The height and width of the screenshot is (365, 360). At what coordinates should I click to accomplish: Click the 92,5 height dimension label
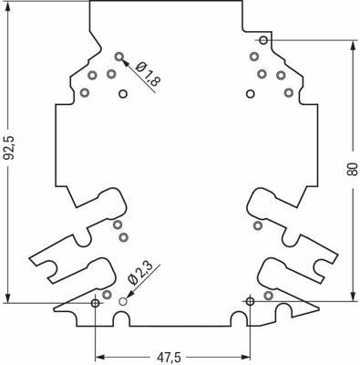[x=12, y=150]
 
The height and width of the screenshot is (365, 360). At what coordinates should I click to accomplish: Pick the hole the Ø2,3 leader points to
[x=124, y=299]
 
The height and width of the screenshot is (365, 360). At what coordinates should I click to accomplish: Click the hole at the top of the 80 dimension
[x=262, y=40]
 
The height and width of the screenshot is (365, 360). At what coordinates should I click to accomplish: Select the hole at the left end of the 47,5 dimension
[x=96, y=300]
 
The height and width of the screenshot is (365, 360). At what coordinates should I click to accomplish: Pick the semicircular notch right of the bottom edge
[x=236, y=317]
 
